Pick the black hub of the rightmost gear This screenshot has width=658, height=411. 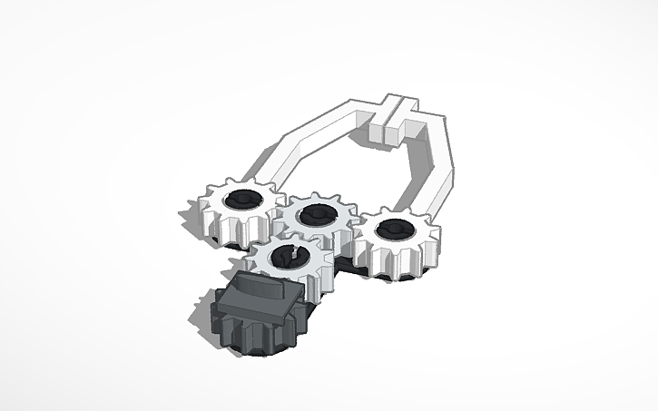(x=394, y=230)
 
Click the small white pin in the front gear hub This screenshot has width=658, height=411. (x=292, y=255)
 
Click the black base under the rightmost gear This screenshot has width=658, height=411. (x=377, y=270)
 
